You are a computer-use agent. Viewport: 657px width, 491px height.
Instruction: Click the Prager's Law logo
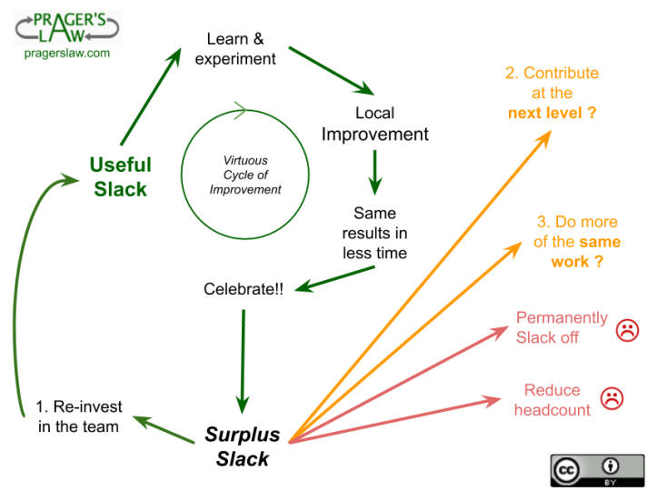pos(66,25)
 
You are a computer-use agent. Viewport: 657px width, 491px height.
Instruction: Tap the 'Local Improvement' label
pos(375,124)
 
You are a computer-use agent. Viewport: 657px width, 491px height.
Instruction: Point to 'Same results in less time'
pos(374,233)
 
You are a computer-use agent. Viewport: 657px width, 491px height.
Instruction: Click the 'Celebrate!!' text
pos(244,290)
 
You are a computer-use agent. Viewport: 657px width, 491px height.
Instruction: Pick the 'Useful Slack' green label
pos(120,176)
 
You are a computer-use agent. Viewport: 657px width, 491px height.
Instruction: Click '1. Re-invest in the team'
pos(79,416)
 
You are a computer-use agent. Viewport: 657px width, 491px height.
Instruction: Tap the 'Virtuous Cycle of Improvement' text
pos(245,175)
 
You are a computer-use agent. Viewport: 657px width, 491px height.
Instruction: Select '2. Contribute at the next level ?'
pos(552,94)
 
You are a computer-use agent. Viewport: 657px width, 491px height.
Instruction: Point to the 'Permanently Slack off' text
pos(562,327)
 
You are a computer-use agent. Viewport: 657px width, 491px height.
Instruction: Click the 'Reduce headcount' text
pos(552,400)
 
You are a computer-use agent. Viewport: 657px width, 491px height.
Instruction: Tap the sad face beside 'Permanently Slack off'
pos(627,330)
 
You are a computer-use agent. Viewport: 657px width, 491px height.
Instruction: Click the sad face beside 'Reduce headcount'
pos(612,396)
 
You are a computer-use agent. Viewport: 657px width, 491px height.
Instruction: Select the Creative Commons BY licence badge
pos(597,470)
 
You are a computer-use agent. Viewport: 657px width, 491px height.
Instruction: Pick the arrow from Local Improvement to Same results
pos(374,171)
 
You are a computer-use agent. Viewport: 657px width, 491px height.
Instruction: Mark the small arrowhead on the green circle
pos(240,111)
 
